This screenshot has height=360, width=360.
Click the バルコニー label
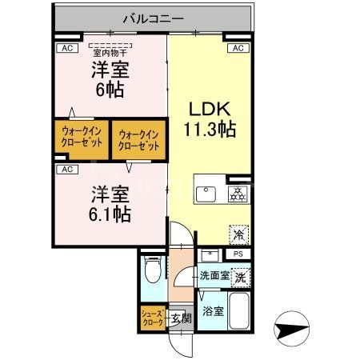155,17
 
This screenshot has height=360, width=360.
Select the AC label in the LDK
238,49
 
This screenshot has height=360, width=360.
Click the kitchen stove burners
238,194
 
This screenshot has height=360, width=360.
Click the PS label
238,254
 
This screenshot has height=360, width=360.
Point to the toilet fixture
152,268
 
